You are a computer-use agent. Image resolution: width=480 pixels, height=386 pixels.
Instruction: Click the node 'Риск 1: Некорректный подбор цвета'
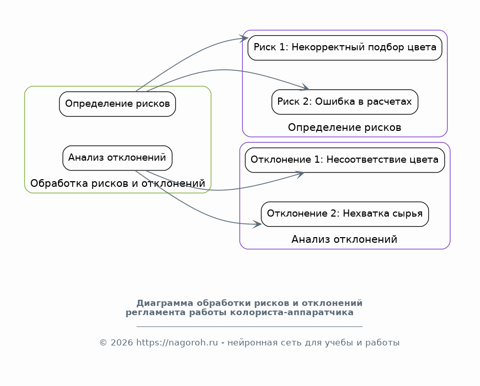345,48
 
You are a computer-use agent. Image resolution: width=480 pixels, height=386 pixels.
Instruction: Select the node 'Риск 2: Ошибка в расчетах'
345,102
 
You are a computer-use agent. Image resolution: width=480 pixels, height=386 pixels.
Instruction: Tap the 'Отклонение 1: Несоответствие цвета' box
345,160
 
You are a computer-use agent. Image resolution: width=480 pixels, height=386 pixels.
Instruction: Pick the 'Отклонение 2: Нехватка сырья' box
345,214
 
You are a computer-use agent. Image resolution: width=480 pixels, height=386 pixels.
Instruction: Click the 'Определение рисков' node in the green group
117,104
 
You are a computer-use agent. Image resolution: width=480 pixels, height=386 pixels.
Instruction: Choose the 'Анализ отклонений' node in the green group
117,158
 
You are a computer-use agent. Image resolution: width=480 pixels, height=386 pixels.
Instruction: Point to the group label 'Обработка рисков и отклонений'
117,183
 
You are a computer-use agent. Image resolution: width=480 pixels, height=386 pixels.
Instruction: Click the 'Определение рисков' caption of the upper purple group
344,127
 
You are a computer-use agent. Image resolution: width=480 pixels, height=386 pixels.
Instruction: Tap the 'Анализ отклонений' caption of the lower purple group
344,239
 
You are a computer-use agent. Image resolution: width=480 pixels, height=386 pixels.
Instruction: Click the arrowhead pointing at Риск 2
305,88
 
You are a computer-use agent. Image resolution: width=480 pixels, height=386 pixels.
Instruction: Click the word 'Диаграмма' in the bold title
164,303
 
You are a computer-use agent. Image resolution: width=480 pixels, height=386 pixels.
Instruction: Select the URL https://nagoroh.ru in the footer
177,342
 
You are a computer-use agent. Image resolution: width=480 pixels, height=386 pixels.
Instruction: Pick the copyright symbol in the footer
103,343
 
